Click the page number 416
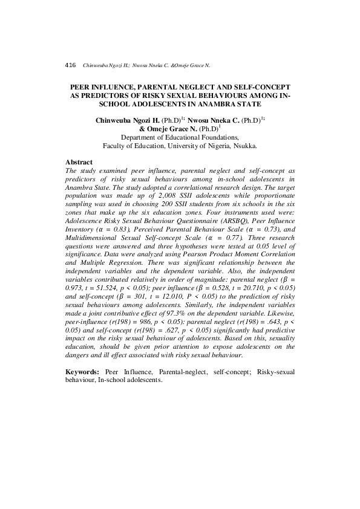(x=70, y=64)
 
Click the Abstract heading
(x=79, y=163)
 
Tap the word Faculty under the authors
(x=116, y=146)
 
